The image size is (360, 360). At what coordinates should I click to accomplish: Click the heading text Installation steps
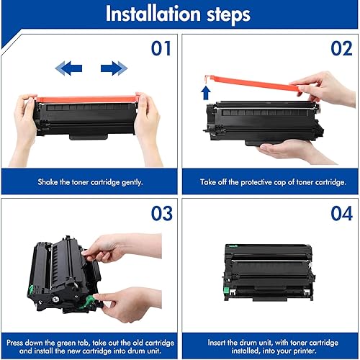point(179,14)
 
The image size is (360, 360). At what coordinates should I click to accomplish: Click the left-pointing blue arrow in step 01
point(69,68)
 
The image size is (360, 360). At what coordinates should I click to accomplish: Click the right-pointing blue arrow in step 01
point(114,68)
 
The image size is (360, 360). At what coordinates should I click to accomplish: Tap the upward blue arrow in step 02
point(206,92)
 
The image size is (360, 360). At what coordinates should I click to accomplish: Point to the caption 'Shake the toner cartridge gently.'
point(91,182)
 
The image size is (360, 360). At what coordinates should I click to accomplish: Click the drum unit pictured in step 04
point(268,270)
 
